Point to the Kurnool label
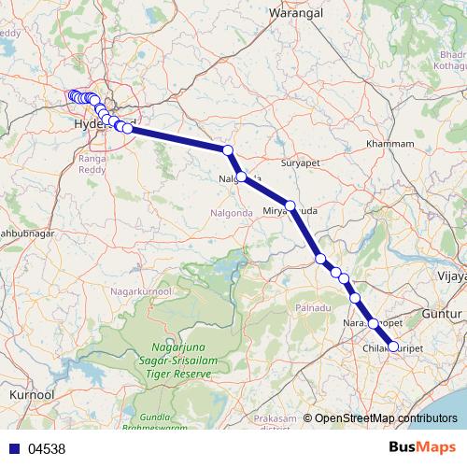pyautogui.click(x=30, y=396)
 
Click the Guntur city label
pyautogui.click(x=441, y=315)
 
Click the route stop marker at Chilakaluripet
pyautogui.click(x=392, y=347)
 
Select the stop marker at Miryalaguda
pyautogui.click(x=290, y=205)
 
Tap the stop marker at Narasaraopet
pyautogui.click(x=373, y=323)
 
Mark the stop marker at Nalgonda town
pyautogui.click(x=242, y=177)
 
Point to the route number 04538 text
pyautogui.click(x=47, y=448)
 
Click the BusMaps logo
pyautogui.click(x=421, y=447)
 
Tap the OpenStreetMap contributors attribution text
pyautogui.click(x=385, y=418)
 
